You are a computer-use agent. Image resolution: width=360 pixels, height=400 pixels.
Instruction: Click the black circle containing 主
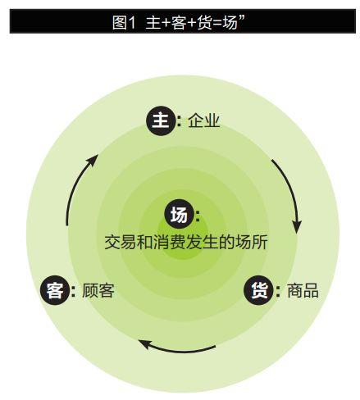[160, 120]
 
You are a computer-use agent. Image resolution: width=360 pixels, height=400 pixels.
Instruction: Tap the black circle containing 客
[54, 290]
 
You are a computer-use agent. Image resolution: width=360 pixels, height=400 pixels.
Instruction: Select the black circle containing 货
[258, 290]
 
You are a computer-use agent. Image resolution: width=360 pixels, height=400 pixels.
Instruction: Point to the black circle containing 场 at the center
[179, 215]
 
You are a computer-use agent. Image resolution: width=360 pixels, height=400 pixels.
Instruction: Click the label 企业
[203, 120]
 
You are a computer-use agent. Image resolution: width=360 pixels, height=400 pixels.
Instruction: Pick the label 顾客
[98, 290]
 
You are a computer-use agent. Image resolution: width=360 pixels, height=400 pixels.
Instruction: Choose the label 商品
[303, 290]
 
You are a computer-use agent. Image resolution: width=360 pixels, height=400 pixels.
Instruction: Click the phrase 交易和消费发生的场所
[186, 242]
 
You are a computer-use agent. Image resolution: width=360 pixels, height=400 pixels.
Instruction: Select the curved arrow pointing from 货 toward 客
[176, 351]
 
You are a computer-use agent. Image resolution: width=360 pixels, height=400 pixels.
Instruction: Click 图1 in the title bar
[124, 22]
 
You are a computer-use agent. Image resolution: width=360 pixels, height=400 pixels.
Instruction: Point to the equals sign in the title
[217, 23]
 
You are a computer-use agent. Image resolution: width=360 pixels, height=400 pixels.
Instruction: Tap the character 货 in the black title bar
[204, 22]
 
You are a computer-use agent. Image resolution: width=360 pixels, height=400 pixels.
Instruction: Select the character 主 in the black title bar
[153, 22]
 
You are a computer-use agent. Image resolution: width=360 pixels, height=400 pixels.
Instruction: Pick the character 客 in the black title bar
[179, 22]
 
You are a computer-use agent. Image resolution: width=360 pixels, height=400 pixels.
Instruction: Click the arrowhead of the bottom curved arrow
[144, 344]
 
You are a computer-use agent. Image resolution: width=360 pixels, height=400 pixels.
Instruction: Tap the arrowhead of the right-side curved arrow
[297, 226]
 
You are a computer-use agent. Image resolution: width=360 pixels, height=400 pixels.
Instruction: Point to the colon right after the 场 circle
[198, 215]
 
